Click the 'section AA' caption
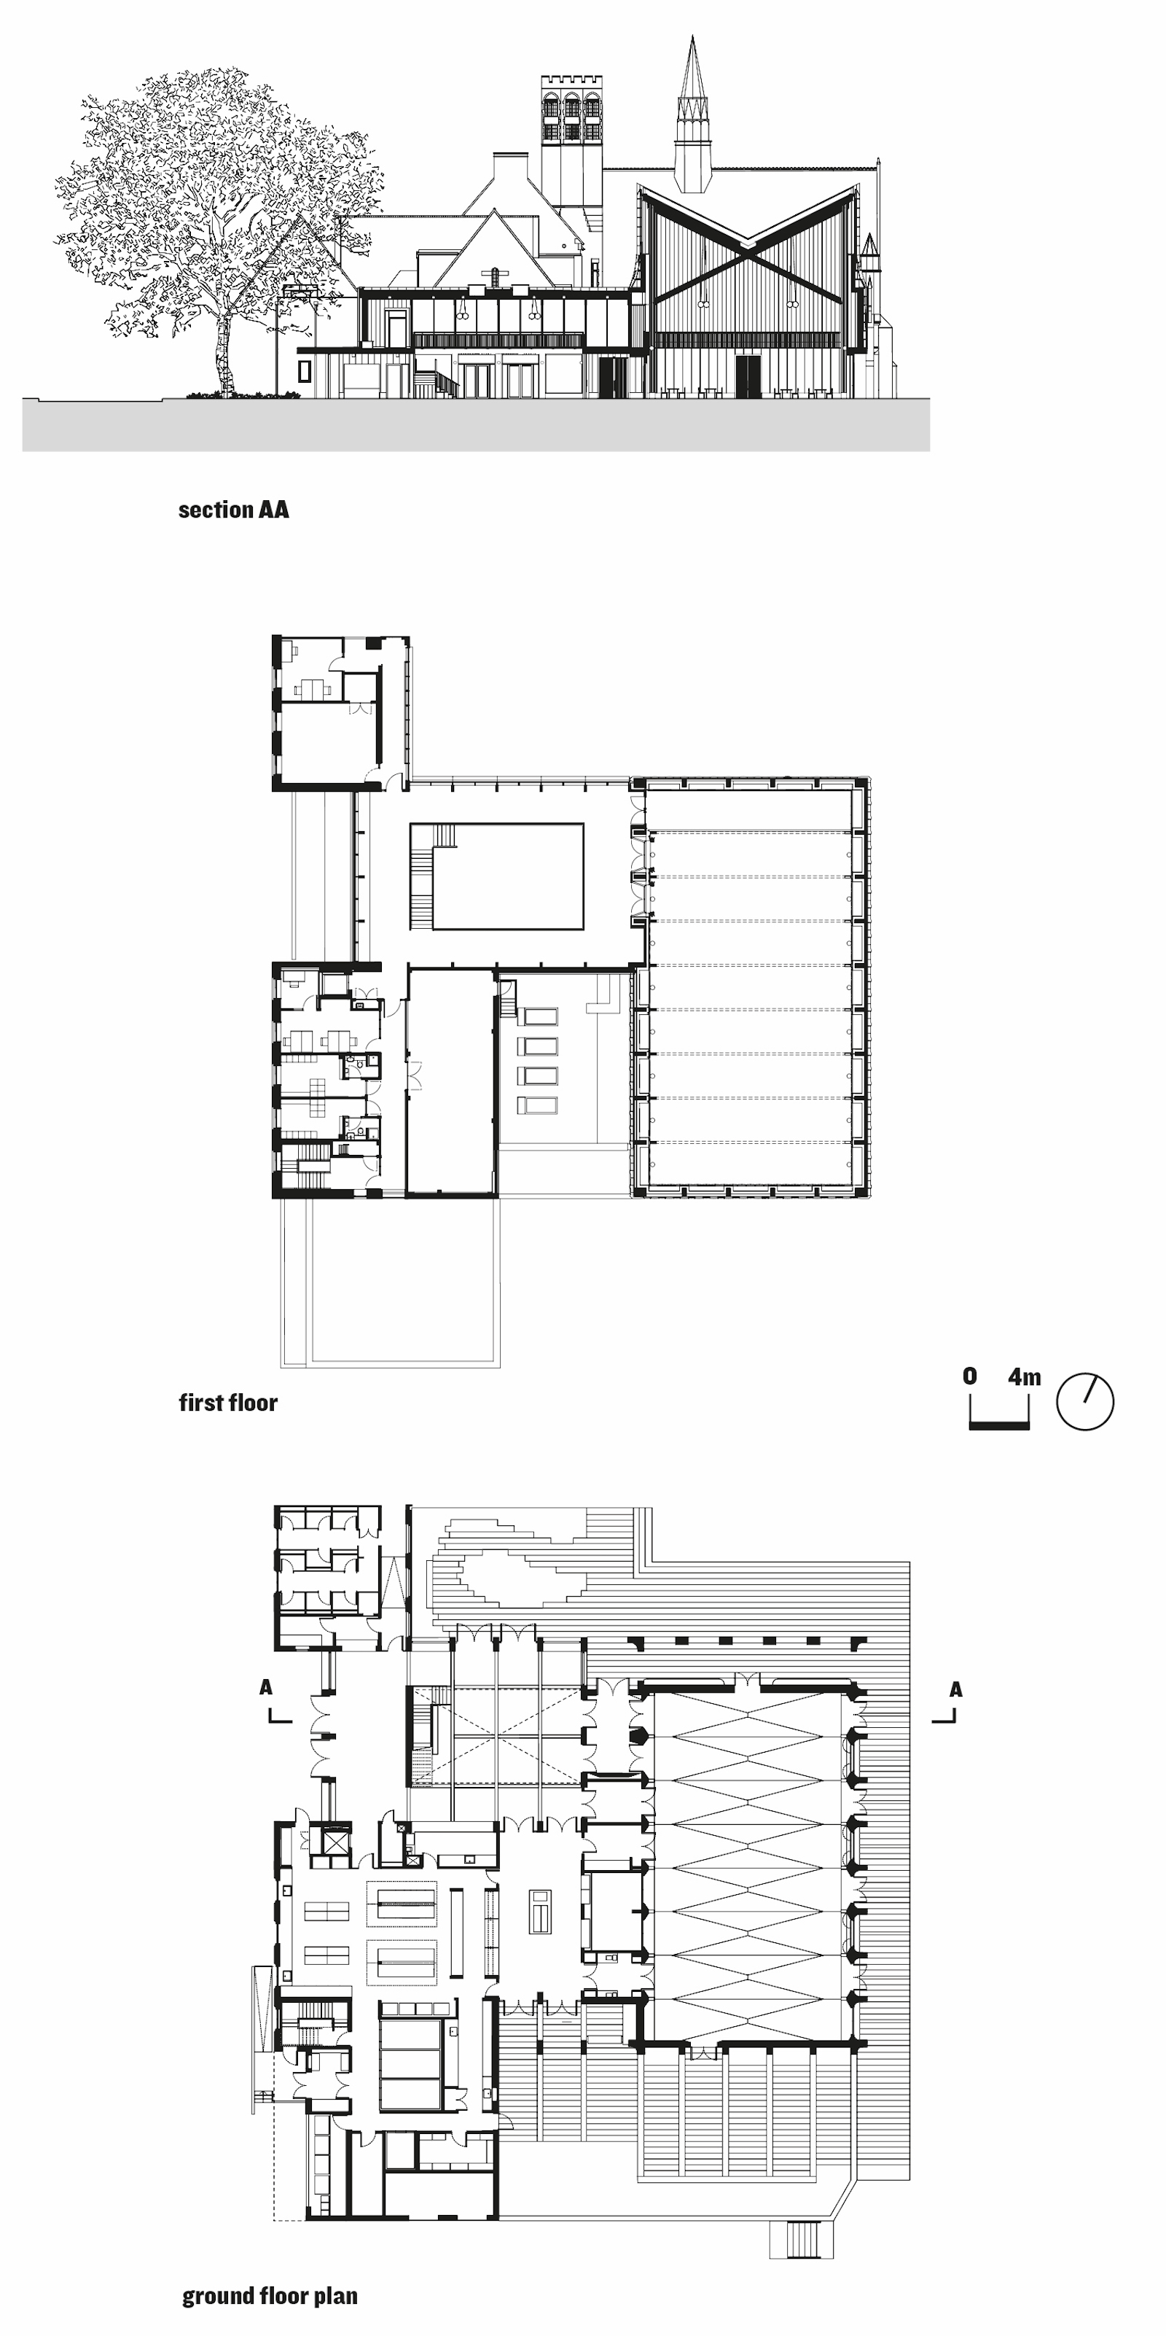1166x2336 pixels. click(234, 510)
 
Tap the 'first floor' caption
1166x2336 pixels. click(229, 1403)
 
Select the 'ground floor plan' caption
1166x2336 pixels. click(270, 2295)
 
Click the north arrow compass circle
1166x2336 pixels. click(1085, 1402)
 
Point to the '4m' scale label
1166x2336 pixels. click(1025, 1377)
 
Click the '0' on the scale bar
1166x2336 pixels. click(970, 1376)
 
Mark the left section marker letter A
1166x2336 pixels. click(266, 1686)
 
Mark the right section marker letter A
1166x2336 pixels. click(955, 1689)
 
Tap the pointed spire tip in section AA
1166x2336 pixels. click(694, 37)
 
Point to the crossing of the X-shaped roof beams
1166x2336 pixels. click(746, 245)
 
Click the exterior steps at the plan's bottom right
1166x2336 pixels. click(802, 2239)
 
